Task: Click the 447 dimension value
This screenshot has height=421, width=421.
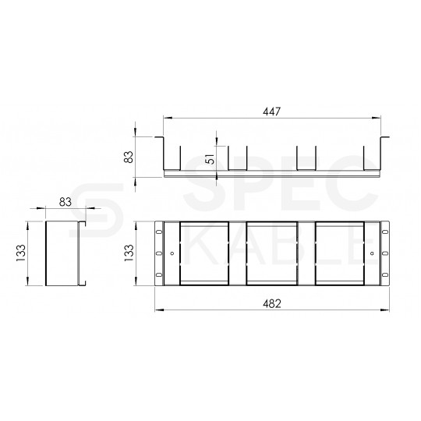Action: click(x=271, y=111)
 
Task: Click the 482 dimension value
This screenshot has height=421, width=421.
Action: click(x=271, y=302)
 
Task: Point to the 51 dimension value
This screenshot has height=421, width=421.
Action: click(x=210, y=158)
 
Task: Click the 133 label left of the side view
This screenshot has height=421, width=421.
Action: click(x=21, y=253)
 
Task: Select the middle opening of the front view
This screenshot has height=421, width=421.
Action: click(x=271, y=253)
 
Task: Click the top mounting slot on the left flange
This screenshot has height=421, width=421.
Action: click(x=159, y=232)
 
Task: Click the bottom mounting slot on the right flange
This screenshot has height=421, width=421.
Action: click(x=383, y=276)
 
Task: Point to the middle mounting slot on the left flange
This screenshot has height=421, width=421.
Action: click(x=159, y=253)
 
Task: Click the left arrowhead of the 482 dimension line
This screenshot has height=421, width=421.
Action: click(x=158, y=310)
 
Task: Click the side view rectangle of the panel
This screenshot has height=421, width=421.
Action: click(x=63, y=253)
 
